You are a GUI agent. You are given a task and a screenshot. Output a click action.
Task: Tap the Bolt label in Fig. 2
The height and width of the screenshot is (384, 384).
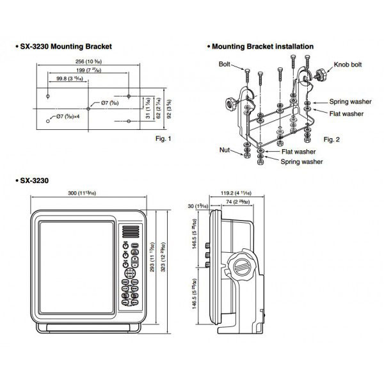(225, 65)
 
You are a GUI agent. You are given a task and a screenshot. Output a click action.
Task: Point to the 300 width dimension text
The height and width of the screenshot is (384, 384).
(88, 194)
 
